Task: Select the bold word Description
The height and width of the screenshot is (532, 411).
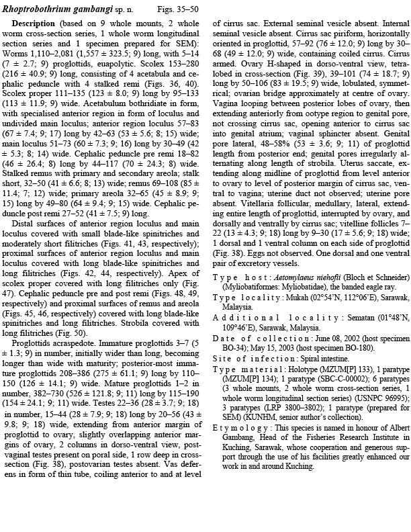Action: tap(34, 24)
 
